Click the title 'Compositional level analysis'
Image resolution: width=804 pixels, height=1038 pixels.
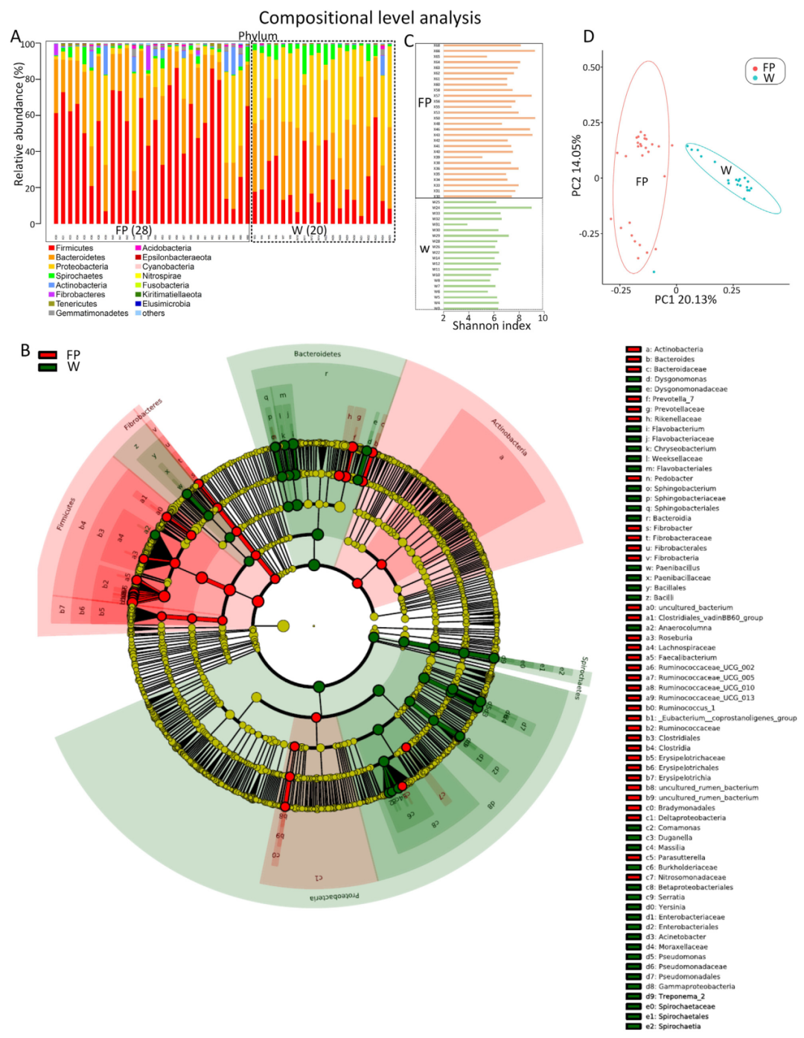click(x=369, y=18)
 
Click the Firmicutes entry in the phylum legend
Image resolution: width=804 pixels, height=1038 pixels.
click(x=74, y=248)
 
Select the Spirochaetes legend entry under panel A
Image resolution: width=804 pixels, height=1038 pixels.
click(x=79, y=276)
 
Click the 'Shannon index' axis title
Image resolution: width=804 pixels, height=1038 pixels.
click(x=491, y=326)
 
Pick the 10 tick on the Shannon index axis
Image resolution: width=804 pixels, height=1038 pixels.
click(x=543, y=318)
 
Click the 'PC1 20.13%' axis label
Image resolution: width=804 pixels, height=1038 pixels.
click(x=685, y=300)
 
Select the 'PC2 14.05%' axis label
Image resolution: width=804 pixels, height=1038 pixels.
click(x=576, y=166)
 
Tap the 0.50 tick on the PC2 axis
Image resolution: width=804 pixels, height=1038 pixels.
click(x=591, y=68)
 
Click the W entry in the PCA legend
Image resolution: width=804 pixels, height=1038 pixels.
click(x=768, y=78)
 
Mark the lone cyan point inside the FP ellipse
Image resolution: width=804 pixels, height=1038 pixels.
click(x=654, y=272)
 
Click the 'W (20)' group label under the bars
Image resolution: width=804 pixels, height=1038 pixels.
click(x=308, y=231)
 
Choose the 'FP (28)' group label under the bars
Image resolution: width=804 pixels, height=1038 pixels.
click(x=133, y=231)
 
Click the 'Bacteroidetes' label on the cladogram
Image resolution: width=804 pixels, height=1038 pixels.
click(x=317, y=354)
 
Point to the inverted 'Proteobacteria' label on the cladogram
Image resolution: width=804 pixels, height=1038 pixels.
click(x=334, y=897)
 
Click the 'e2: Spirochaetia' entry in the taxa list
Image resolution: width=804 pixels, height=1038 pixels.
click(x=679, y=1026)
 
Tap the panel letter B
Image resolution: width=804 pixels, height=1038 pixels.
click(x=25, y=351)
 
